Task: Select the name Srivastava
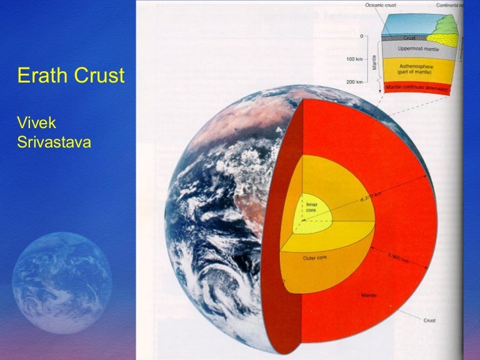(54, 142)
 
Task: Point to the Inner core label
(312, 207)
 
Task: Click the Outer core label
(314, 257)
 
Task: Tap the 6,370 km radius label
(371, 199)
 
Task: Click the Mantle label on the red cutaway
(368, 294)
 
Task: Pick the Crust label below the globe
(429, 320)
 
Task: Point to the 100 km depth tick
(354, 59)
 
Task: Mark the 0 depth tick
(361, 36)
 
